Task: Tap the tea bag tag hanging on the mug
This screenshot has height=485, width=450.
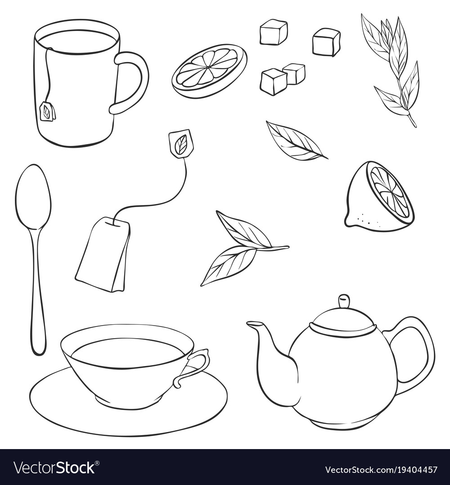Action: (x=47, y=111)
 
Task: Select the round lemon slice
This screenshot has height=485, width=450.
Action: (x=209, y=71)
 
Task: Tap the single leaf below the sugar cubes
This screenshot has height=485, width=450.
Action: (x=295, y=141)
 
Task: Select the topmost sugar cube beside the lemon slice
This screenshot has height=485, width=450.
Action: (x=273, y=32)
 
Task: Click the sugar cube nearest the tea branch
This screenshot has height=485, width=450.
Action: (x=326, y=42)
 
